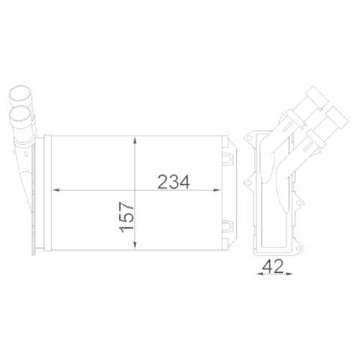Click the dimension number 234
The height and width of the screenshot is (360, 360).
pyautogui.click(x=173, y=182)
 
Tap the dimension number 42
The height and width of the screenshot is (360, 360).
pyautogui.click(x=272, y=266)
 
